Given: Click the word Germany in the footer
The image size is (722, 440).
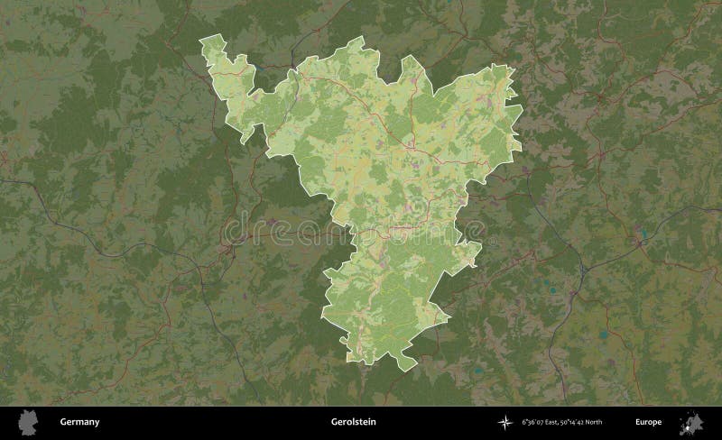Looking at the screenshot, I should [x=79, y=421].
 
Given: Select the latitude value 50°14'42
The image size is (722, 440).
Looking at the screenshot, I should [x=578, y=421].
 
